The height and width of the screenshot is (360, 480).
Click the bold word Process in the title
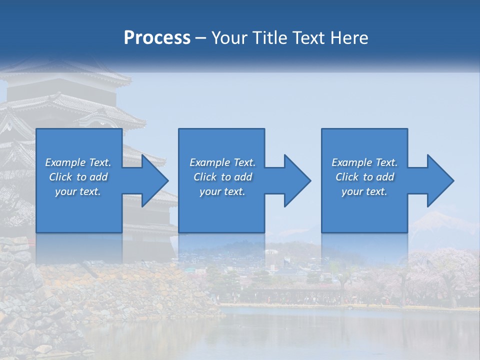tap(157, 38)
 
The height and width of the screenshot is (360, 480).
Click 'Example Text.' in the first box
tap(78, 162)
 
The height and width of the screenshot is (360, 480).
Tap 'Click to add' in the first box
tap(78, 177)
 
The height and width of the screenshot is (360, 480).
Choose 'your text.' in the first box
tap(78, 191)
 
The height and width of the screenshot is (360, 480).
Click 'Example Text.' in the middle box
tap(222, 162)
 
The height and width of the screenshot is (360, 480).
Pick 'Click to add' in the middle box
tap(222, 177)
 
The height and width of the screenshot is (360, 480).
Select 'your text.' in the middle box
tap(222, 191)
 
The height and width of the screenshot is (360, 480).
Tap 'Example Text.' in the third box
tap(364, 162)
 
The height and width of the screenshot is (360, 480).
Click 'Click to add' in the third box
tap(364, 177)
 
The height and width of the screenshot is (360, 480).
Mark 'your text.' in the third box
tap(364, 191)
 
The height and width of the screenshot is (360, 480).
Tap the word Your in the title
tap(227, 38)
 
